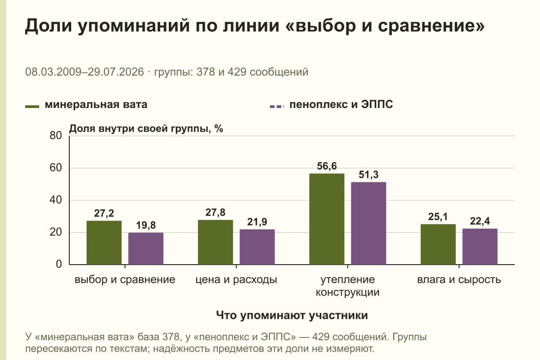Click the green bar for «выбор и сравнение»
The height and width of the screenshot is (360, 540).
[104, 243]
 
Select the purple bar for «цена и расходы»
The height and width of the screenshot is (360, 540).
[257, 247]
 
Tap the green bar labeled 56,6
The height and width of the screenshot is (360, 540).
[327, 219]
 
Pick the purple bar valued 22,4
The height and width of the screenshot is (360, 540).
[480, 247]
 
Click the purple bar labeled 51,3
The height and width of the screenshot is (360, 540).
[369, 223]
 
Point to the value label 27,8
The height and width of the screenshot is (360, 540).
[215, 212]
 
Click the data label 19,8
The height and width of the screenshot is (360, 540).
[146, 225]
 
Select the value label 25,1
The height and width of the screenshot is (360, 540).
[438, 217]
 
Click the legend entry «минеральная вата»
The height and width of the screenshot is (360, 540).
[86, 105]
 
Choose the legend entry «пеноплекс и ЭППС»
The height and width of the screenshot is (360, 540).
[332, 105]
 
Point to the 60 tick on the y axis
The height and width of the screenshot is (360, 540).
[56, 168]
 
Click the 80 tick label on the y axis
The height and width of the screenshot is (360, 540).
[56, 135]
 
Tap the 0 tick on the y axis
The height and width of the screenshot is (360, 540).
[59, 265]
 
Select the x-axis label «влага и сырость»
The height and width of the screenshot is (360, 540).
[459, 280]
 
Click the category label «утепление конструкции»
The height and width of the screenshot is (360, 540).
[347, 286]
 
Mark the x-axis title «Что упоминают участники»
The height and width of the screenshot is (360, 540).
[292, 315]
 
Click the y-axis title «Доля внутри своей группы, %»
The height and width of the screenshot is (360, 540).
[146, 129]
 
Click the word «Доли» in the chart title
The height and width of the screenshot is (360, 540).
[49, 26]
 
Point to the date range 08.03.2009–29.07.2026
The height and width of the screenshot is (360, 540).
[85, 72]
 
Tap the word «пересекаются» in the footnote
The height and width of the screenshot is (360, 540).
[59, 349]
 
